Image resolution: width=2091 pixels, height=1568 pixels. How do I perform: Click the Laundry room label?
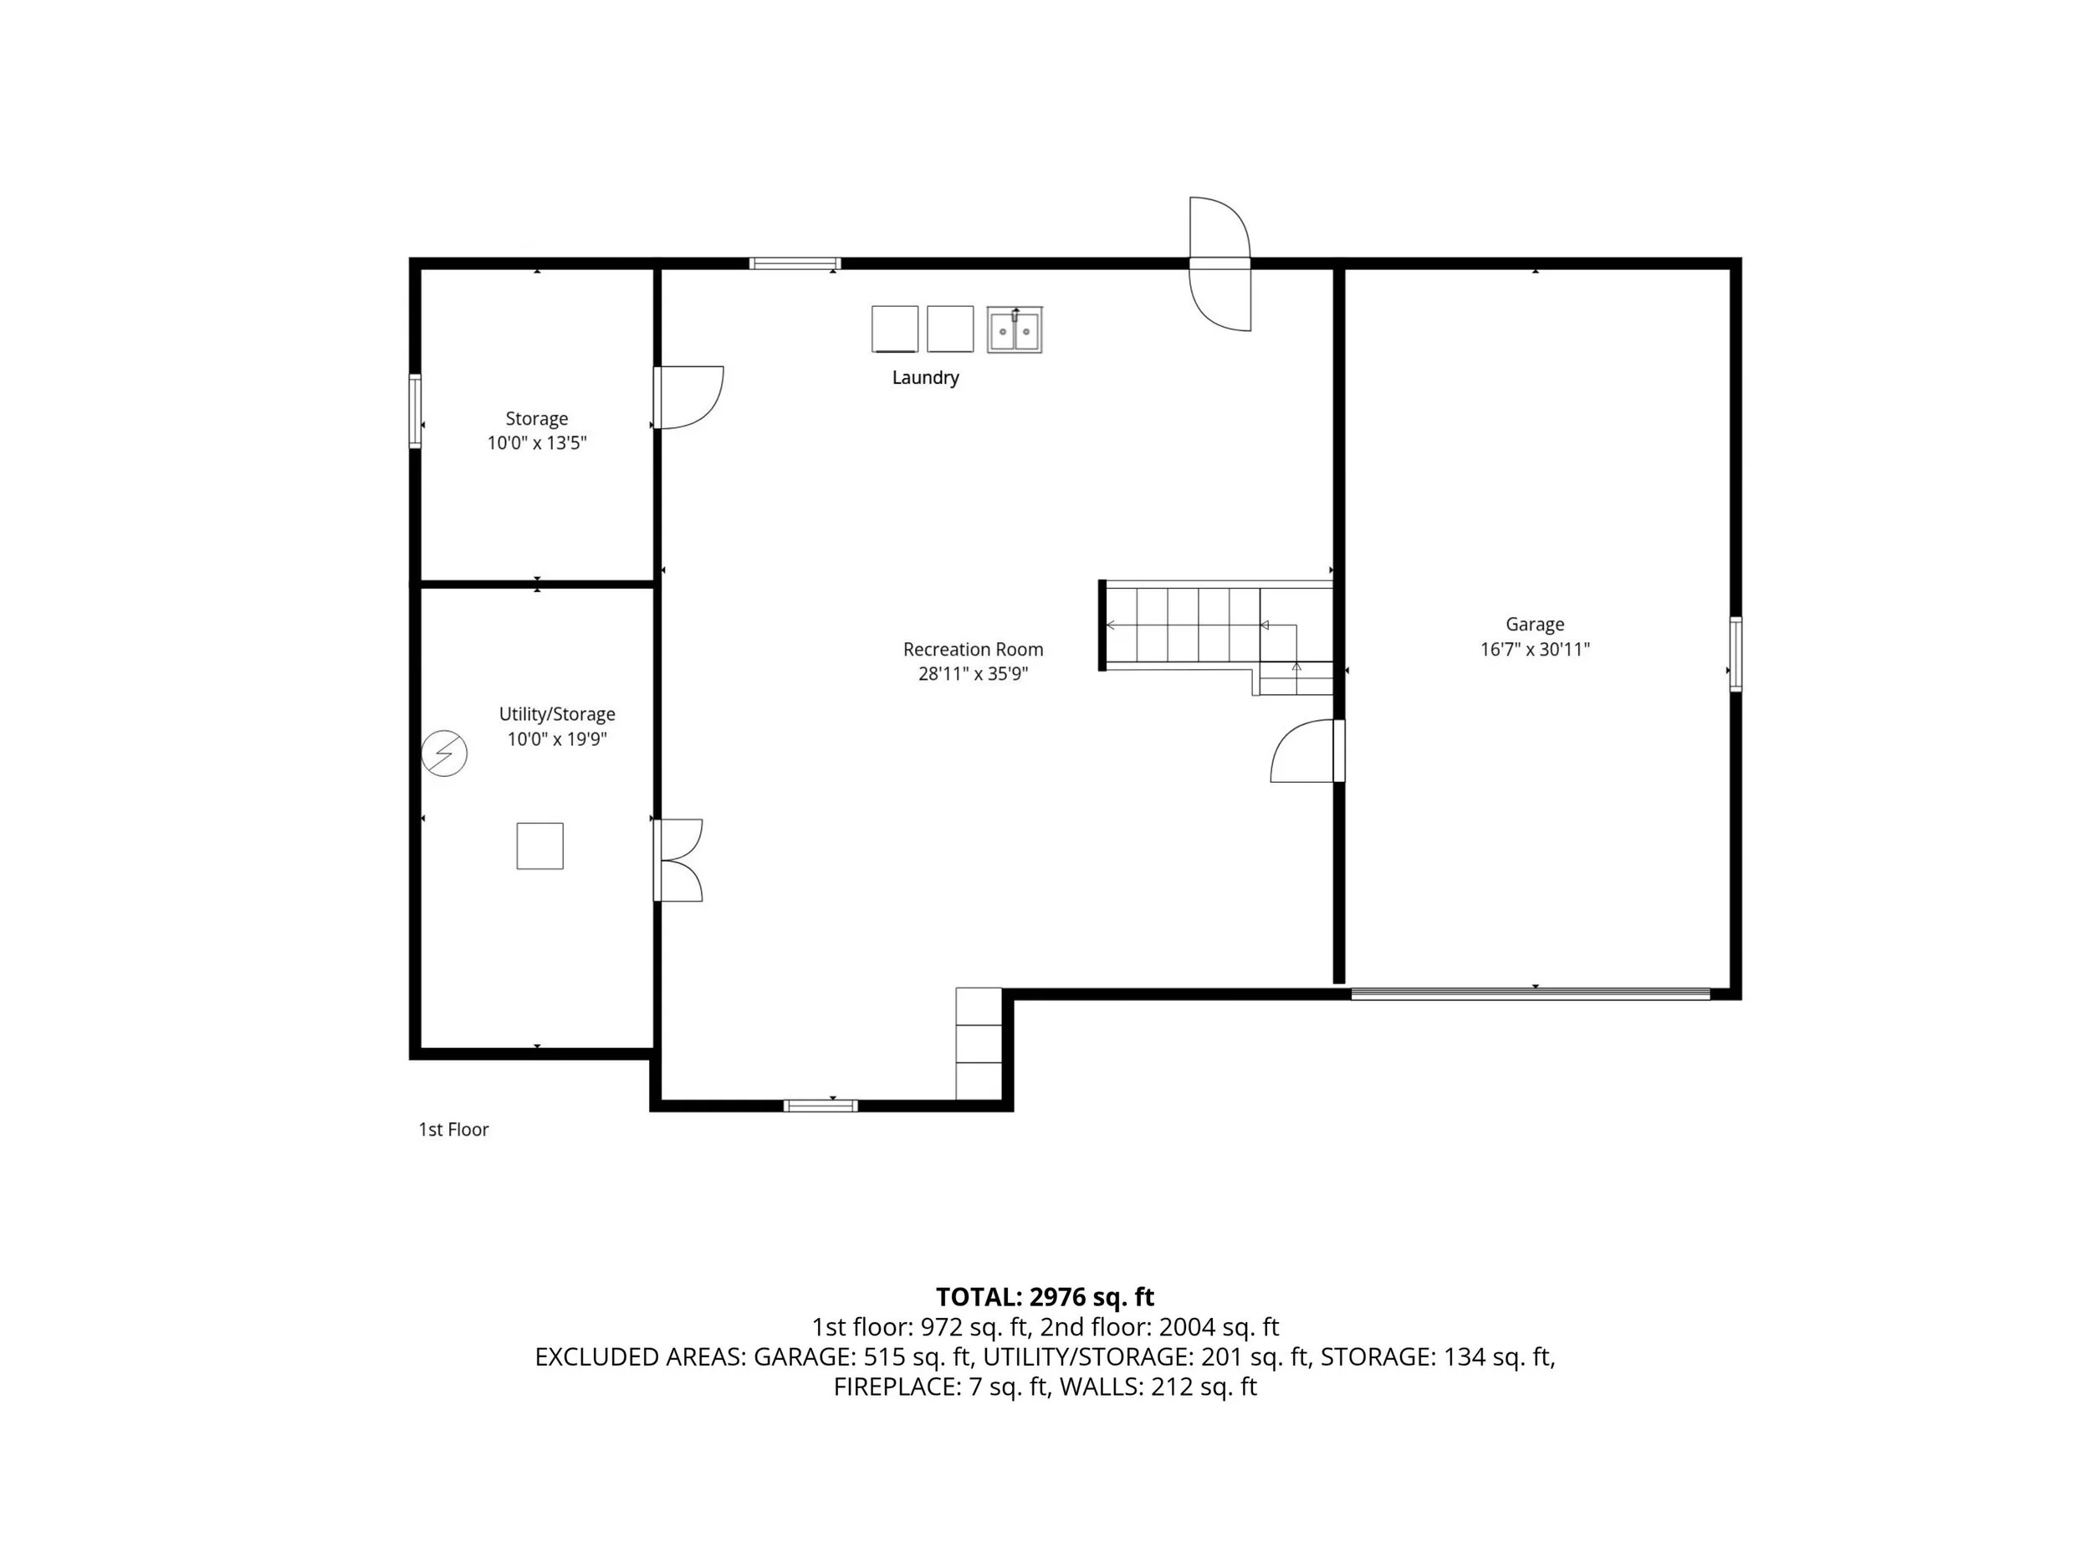[x=925, y=377]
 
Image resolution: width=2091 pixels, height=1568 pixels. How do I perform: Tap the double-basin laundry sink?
[x=1015, y=329]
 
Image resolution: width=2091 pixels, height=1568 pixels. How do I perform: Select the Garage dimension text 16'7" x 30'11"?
[x=1535, y=649]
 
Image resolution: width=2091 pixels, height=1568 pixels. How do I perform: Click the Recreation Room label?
[x=973, y=649]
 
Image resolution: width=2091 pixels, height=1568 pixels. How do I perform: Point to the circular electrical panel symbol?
[x=444, y=753]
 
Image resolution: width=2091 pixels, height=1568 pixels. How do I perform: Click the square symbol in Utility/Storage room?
[x=539, y=846]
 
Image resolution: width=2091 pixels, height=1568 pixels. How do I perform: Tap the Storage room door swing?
[x=689, y=397]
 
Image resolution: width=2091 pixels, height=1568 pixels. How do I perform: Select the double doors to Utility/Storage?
[x=677, y=860]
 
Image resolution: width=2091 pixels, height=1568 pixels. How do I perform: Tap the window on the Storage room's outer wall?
[x=415, y=411]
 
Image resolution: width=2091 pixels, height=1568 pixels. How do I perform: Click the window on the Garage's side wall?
[x=1736, y=654]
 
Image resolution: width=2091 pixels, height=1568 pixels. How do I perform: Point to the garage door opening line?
[x=1531, y=993]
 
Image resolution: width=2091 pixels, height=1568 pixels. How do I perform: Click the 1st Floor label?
[x=453, y=1130]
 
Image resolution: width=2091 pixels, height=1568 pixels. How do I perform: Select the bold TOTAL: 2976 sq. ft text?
[x=1045, y=1297]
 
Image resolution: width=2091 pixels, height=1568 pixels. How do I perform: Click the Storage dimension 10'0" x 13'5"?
[x=537, y=443]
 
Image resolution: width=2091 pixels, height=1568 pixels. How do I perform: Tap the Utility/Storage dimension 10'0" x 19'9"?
[x=557, y=739]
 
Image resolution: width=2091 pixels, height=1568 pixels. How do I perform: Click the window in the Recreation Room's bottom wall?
[x=821, y=1106]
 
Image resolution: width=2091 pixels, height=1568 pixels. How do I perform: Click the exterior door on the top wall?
[x=1220, y=263]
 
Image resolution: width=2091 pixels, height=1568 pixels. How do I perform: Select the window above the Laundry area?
[x=795, y=263]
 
